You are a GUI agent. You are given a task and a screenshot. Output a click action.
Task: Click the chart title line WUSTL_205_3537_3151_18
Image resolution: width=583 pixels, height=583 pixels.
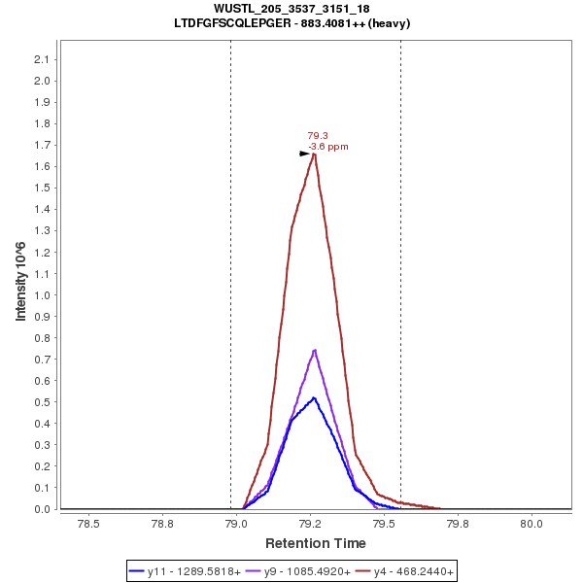pos(291,9)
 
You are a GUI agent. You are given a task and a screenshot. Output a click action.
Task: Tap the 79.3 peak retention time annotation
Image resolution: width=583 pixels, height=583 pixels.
pos(318,136)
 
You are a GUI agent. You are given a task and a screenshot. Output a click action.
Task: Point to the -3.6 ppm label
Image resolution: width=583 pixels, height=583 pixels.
pos(327,147)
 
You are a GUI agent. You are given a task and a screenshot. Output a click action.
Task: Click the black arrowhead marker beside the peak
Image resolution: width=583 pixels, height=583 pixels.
pos(304,154)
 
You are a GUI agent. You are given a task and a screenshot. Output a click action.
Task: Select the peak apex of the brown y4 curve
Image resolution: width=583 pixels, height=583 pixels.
pos(314,154)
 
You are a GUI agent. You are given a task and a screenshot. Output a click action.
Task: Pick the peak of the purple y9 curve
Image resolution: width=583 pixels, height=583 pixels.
pos(315,350)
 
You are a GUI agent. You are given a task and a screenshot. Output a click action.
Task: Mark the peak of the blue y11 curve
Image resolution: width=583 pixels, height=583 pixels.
pos(313,397)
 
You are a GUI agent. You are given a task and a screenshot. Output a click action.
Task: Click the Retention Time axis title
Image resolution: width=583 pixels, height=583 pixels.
pos(316,543)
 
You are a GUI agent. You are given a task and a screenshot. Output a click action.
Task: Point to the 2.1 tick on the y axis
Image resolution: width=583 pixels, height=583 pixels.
pos(43,59)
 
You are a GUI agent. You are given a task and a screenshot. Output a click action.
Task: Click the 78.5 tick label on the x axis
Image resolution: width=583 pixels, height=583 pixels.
pos(88,523)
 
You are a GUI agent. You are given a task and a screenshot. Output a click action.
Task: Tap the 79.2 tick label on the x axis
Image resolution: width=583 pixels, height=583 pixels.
pos(310,523)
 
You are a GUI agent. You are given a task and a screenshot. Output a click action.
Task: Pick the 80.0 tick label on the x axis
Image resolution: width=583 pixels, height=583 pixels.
pos(532,523)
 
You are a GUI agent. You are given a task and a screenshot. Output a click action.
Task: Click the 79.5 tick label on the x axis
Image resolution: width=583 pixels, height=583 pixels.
pos(384,523)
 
